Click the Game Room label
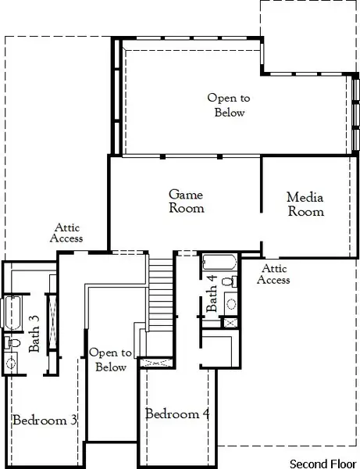click(x=187, y=201)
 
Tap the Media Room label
click(x=305, y=204)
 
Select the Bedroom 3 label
click(x=45, y=420)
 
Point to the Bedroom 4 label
click(x=177, y=414)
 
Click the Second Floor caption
click(x=322, y=461)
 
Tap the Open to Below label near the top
click(x=229, y=105)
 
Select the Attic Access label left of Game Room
click(x=66, y=232)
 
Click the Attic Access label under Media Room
click(x=273, y=274)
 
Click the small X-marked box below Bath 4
click(x=230, y=322)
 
